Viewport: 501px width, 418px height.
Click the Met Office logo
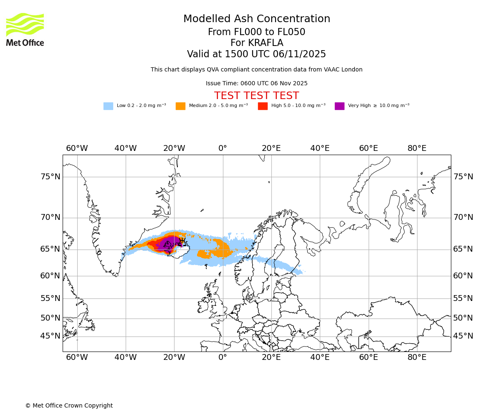coord(25,29)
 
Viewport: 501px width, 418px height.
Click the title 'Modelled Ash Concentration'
coord(257,19)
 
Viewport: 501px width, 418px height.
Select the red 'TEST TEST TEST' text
coord(256,96)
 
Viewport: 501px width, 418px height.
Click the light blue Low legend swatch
coord(108,106)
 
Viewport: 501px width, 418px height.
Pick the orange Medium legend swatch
coord(180,106)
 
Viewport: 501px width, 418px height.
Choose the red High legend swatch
coord(263,106)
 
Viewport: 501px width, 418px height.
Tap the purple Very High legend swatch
coord(339,106)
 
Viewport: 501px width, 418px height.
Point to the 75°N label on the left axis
coord(50,177)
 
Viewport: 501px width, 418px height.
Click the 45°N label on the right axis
coord(463,336)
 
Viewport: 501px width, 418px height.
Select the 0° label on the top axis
coord(223,148)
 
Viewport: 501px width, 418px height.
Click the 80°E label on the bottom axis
coord(417,357)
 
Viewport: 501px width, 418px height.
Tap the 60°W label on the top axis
coord(77,148)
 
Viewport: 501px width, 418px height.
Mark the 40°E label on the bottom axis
coord(320,357)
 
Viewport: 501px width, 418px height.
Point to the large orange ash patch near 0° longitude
coord(219,250)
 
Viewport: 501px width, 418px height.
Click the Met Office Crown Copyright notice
coord(69,406)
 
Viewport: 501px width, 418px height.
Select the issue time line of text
coord(256,84)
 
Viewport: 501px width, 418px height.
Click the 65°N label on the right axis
coord(463,249)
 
